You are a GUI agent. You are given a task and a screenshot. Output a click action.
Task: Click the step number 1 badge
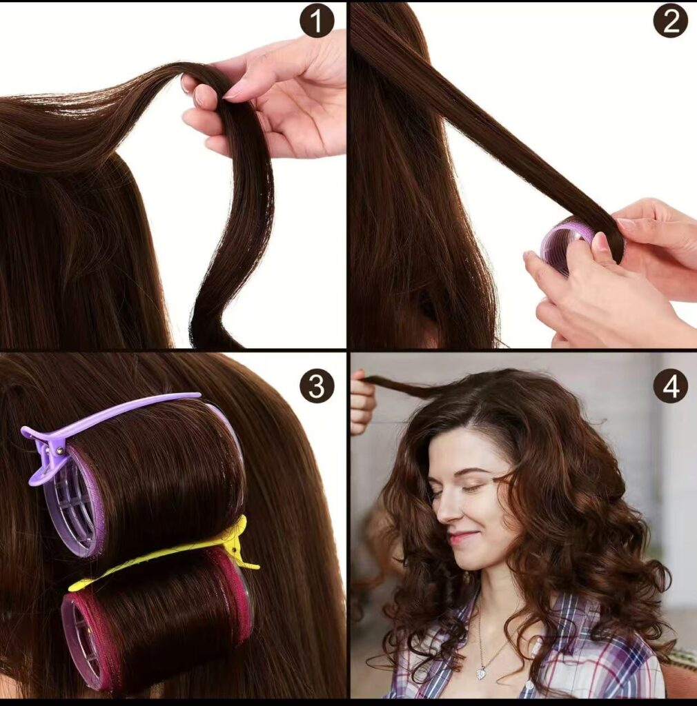317,21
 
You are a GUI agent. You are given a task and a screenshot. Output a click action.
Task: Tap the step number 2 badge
670,21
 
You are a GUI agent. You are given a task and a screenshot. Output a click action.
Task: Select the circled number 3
317,385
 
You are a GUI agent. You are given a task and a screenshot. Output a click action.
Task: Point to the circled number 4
670,385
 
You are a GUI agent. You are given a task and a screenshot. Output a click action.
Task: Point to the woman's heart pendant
482,673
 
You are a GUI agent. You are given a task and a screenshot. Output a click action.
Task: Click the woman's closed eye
473,487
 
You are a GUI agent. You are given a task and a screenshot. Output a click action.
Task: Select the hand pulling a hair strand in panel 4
361,403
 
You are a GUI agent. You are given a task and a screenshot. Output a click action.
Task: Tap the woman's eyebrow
476,472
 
